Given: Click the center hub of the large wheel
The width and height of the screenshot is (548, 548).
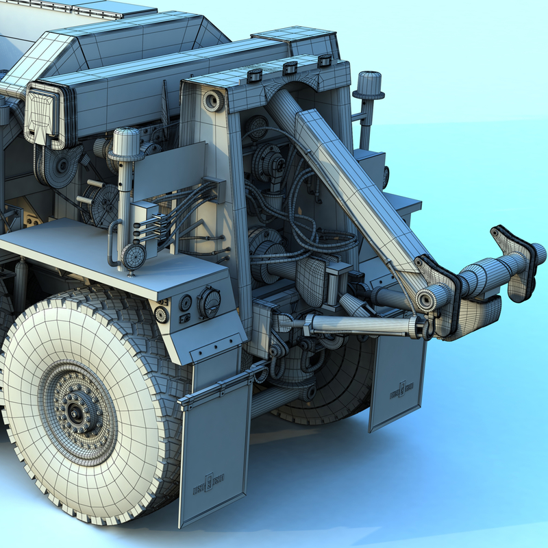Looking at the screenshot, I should point(74,412).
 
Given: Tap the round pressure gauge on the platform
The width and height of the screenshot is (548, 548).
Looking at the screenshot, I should point(132,258).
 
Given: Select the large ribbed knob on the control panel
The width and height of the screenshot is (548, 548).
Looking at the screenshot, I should point(209,302).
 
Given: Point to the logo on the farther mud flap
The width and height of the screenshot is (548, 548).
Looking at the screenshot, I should point(401,389).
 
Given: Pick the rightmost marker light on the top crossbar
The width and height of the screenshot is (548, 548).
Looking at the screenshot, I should point(324,61).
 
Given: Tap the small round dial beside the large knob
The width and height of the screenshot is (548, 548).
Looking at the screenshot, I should point(185,301).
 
